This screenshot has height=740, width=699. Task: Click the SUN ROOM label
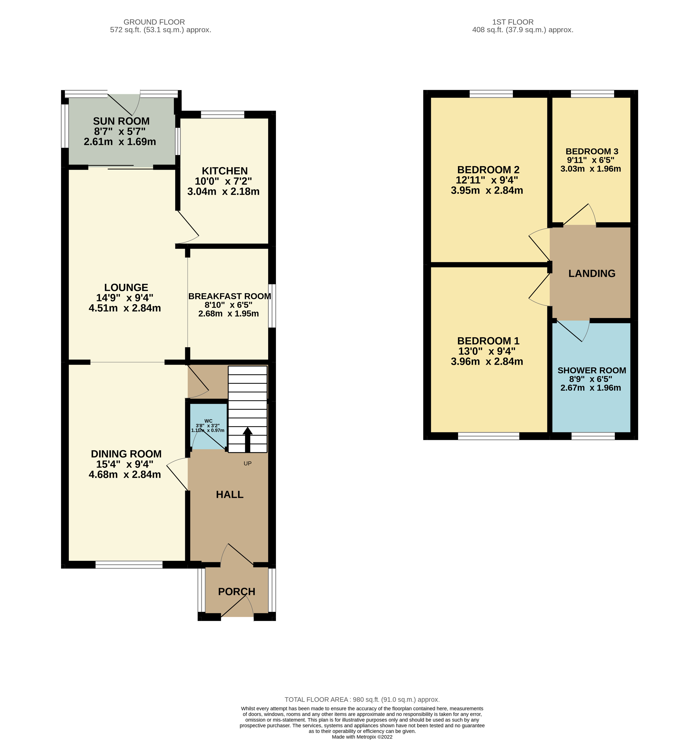tap(121, 121)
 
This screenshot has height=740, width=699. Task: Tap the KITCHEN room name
tap(225, 171)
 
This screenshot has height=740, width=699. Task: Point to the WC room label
tap(208, 421)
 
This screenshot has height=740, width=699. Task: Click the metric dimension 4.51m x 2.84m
tap(125, 308)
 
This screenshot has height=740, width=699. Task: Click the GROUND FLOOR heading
tap(154, 22)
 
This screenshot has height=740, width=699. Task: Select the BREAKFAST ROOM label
tap(230, 296)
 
